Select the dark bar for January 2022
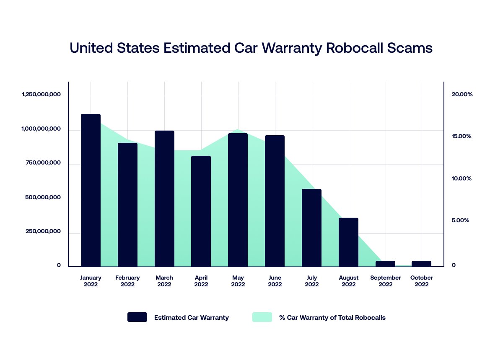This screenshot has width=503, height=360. point(91,190)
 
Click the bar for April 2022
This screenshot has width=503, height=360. point(201,211)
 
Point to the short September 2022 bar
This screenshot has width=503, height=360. point(385,263)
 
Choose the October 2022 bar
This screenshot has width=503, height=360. point(421,263)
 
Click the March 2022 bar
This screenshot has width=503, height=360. point(164,198)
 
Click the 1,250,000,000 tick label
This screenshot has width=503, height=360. point(41,95)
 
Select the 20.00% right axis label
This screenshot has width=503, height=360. point(462,95)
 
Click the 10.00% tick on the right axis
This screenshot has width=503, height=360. point(462,179)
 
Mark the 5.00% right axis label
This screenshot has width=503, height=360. point(460,221)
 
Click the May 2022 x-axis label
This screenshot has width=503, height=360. point(238,281)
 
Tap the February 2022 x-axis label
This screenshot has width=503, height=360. point(127,281)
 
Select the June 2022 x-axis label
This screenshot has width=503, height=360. point(275,281)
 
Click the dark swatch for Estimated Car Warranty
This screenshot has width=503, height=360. point(137,317)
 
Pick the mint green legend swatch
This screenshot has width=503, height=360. point(262,317)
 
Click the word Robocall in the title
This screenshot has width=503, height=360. point(357,48)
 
